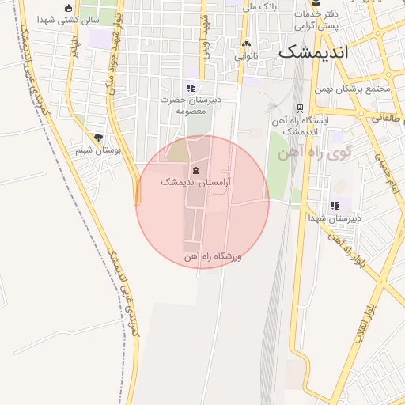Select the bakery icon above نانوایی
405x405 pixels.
coord(246,45)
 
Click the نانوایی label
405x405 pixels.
coord(246,56)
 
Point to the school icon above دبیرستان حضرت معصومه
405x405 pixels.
coord(190,88)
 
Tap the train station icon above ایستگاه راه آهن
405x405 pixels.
coord(299,108)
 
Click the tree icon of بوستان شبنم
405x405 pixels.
coord(98,138)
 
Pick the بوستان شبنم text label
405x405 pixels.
coord(98,150)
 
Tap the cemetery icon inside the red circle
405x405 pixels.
coord(195,170)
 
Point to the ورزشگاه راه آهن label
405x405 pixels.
coord(212,257)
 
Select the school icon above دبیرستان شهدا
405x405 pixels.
coord(335,206)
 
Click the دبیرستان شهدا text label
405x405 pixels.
coord(335,218)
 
